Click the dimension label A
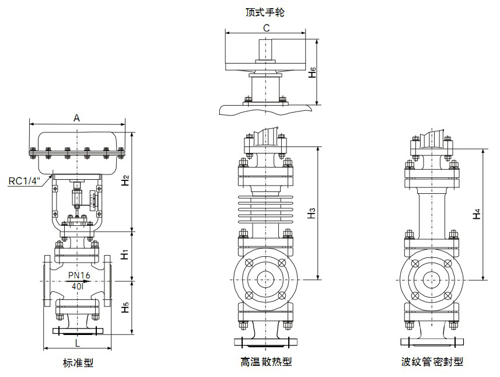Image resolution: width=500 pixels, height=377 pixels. coord(76,117)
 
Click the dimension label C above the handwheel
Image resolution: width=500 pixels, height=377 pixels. coord(265,27)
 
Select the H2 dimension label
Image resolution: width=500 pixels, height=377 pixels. coord(126,181)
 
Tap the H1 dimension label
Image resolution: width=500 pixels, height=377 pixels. coord(125,255)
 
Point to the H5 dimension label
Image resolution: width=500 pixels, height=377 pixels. coord(125,307)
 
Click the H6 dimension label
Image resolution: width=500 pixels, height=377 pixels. coord(313,72)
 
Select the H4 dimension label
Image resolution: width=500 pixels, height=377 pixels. coord(477,214)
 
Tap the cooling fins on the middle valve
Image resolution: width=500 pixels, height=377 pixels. coord(265,207)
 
